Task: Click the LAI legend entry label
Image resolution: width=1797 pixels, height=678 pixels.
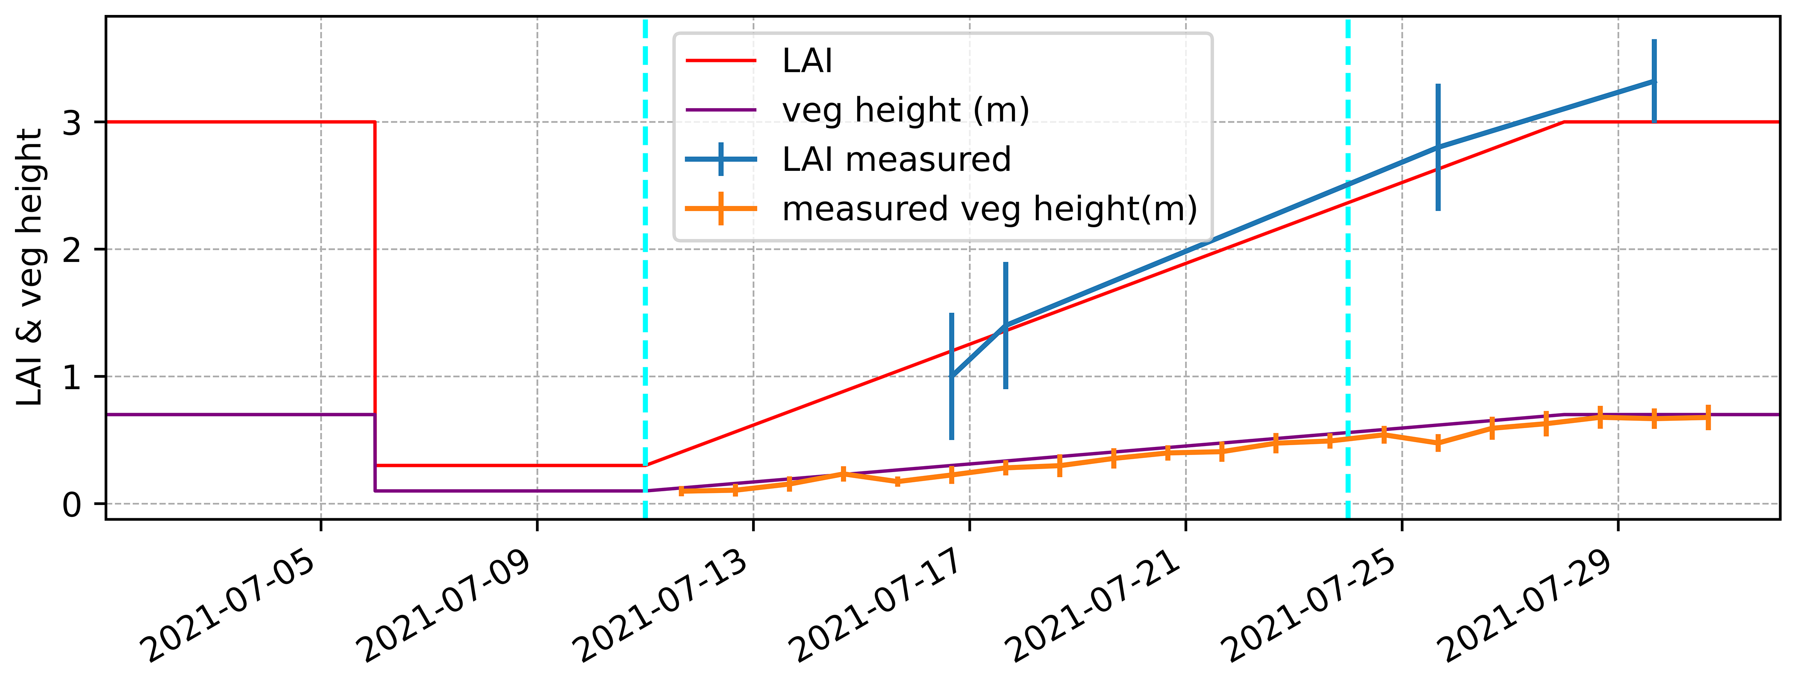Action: coord(807,62)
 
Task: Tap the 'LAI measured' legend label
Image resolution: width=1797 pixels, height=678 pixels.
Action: coord(897,160)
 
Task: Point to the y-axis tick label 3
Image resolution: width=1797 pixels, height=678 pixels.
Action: coord(72,123)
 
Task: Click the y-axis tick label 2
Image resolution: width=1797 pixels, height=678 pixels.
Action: coord(72,250)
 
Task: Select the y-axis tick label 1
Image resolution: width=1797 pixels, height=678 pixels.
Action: coord(72,377)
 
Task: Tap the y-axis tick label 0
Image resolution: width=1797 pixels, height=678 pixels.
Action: coord(72,504)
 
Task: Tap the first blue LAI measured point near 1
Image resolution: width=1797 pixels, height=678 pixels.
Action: coord(952,377)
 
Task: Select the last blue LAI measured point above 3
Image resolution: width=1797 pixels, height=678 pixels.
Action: coord(1654,82)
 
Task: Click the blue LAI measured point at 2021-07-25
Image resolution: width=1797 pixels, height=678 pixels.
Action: coord(1438,147)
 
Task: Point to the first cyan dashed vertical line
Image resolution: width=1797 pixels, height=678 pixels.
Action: coord(645,279)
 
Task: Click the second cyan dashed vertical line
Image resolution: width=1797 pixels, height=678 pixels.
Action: coord(1348,279)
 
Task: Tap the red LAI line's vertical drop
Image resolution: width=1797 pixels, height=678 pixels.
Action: coord(375,293)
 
